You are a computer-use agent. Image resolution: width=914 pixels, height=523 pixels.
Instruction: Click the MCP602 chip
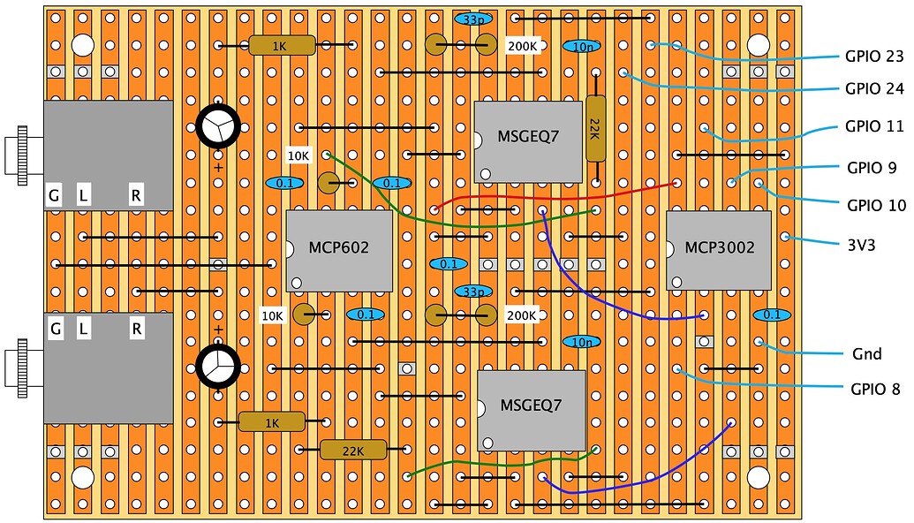[339, 250]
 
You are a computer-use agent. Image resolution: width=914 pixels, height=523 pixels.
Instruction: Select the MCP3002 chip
[719, 249]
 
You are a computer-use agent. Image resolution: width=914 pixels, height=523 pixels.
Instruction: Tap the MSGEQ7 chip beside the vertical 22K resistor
[527, 141]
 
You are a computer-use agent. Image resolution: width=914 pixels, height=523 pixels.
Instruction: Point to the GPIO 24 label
[874, 88]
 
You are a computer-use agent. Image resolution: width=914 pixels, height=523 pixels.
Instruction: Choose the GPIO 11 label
[874, 127]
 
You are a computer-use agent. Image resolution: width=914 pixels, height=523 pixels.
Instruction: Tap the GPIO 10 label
[876, 206]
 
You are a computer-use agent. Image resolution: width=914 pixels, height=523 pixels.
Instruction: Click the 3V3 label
[860, 246]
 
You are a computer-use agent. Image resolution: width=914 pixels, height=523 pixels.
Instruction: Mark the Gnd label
[867, 353]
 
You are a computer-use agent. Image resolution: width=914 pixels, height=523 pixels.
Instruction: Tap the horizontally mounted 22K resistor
[352, 450]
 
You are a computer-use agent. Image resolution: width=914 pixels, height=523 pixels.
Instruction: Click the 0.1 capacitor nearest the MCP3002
[771, 315]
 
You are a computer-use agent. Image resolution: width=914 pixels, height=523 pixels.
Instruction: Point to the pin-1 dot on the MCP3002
[677, 281]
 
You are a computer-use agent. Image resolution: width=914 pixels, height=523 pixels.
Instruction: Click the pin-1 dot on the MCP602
[297, 283]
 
